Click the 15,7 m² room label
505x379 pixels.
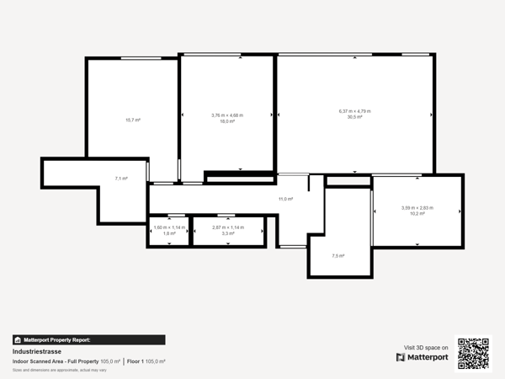[x=132, y=120]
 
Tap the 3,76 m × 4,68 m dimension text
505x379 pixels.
[x=226, y=115]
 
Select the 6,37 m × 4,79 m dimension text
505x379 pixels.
[x=354, y=111]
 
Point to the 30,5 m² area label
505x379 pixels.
[x=354, y=117]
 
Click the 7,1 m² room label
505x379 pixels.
[x=121, y=179]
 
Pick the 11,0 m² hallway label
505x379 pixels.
[x=285, y=199]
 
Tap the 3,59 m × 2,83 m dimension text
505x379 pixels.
[x=417, y=208]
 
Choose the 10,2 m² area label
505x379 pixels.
[x=417, y=214]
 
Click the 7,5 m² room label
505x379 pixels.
[x=338, y=255]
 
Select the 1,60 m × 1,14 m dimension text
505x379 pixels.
[x=169, y=227]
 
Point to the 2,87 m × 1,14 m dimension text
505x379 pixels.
[x=227, y=227]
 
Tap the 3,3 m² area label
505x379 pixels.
[x=227, y=233]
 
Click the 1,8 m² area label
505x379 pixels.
[x=169, y=233]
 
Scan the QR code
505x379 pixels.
[x=472, y=353]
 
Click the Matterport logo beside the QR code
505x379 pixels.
[x=423, y=357]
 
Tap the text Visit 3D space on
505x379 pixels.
[x=427, y=347]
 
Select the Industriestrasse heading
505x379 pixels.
[x=35, y=351]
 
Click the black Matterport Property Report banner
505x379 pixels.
[x=59, y=339]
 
